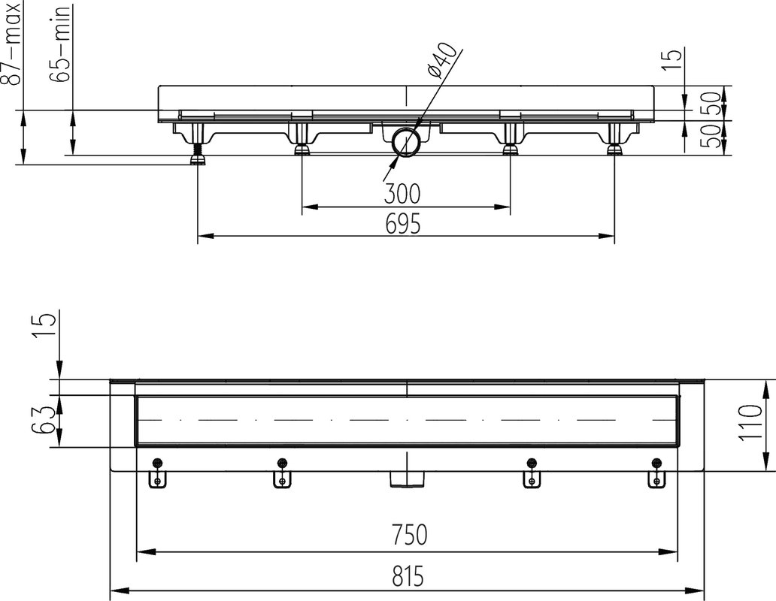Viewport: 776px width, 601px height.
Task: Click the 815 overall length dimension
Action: (x=408, y=576)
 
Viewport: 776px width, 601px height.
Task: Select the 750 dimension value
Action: (x=408, y=534)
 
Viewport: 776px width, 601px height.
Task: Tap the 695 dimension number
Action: (x=402, y=223)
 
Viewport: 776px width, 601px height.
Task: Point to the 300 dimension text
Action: (x=402, y=194)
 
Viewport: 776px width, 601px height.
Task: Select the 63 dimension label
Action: (x=41, y=420)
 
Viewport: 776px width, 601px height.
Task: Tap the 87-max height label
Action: (x=12, y=43)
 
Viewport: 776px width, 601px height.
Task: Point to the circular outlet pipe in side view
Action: (x=406, y=142)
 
